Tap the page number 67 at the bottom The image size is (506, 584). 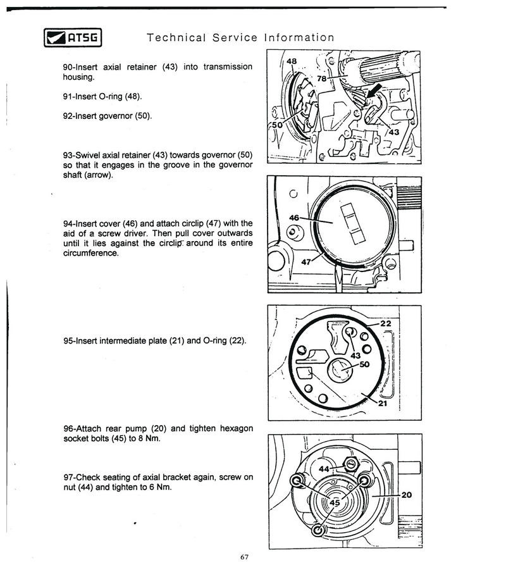[246, 557]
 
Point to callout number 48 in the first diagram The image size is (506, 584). [292, 61]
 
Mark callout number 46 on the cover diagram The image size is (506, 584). [294, 217]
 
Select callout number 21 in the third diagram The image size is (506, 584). [383, 405]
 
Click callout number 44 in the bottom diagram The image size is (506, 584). [324, 469]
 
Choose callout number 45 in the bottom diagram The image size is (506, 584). [335, 502]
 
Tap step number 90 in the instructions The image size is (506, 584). [68, 67]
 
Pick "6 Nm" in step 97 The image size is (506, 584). [158, 487]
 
